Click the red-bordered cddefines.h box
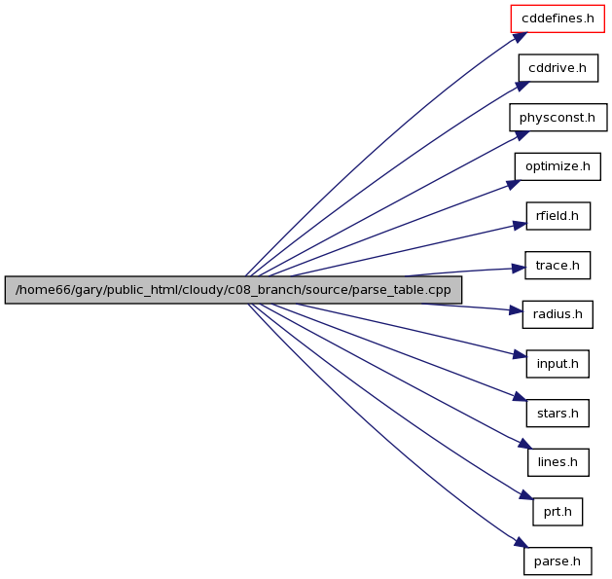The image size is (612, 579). [558, 18]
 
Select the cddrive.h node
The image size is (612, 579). [558, 68]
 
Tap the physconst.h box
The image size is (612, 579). [558, 117]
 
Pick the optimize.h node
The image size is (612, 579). [558, 166]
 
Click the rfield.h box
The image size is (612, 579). [558, 216]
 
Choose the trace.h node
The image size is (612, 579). [558, 265]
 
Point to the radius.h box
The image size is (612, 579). [558, 314]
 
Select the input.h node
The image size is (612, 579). [558, 364]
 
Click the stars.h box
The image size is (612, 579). [558, 413]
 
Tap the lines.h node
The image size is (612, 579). [558, 462]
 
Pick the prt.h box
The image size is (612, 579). [558, 512]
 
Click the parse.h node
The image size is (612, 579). [558, 561]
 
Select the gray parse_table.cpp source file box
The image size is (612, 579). [234, 290]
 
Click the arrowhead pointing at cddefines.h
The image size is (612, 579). [521, 37]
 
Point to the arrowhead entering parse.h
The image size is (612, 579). [522, 543]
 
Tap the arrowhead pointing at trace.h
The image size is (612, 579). [519, 269]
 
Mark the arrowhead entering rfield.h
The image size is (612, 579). [520, 226]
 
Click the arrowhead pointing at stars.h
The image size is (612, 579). [521, 396]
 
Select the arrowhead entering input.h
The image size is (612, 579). [521, 354]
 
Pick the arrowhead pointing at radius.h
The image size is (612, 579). [516, 310]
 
